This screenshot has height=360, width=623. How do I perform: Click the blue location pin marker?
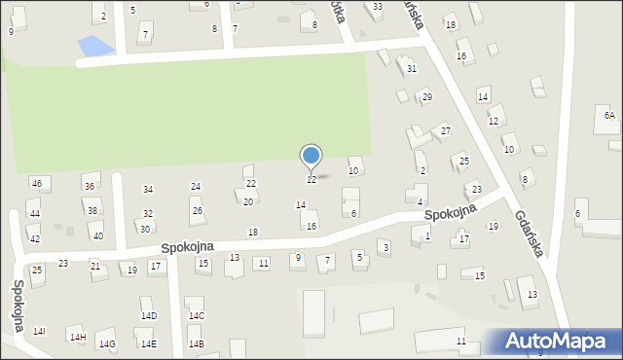[x=311, y=156]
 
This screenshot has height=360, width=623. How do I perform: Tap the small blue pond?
[x=90, y=46]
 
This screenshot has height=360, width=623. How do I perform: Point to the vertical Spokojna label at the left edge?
[x=18, y=305]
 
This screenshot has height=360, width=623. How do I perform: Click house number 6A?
[x=609, y=115]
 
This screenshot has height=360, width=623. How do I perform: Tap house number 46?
[x=36, y=183]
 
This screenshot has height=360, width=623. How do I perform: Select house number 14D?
[x=149, y=315]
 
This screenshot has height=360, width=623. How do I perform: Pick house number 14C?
[x=197, y=315]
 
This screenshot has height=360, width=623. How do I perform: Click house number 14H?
[x=77, y=337]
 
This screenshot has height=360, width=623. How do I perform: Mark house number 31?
[x=412, y=68]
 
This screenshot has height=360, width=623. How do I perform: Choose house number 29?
[x=426, y=97]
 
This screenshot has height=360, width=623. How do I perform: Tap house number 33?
[x=378, y=7]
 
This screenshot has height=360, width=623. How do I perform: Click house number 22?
[x=250, y=183]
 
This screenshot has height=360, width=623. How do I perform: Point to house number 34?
[x=148, y=189]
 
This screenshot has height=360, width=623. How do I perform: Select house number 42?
[x=34, y=238]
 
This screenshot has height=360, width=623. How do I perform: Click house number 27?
[x=445, y=130]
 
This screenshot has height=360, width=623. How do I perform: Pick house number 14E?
[x=148, y=343]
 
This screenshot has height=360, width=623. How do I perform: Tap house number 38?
[x=92, y=210]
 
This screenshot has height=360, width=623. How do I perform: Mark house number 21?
[x=94, y=266]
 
